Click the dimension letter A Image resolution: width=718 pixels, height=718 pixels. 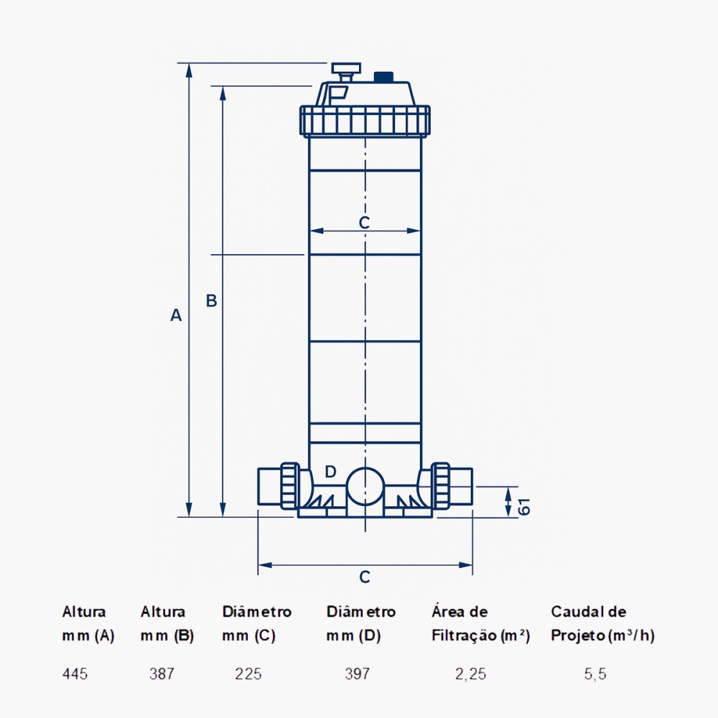click(176, 315)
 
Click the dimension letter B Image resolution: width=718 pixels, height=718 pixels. click(211, 300)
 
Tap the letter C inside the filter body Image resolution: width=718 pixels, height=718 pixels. click(364, 223)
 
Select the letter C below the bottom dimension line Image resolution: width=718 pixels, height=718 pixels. click(365, 577)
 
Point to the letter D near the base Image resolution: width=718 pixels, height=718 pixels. click(330, 472)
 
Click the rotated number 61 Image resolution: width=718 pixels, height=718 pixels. click(524, 507)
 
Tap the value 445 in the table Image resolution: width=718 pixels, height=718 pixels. click(75, 674)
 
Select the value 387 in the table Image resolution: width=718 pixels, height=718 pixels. click(162, 674)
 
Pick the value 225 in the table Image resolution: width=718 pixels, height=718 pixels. click(248, 674)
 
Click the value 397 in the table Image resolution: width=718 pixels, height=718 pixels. click(357, 674)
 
